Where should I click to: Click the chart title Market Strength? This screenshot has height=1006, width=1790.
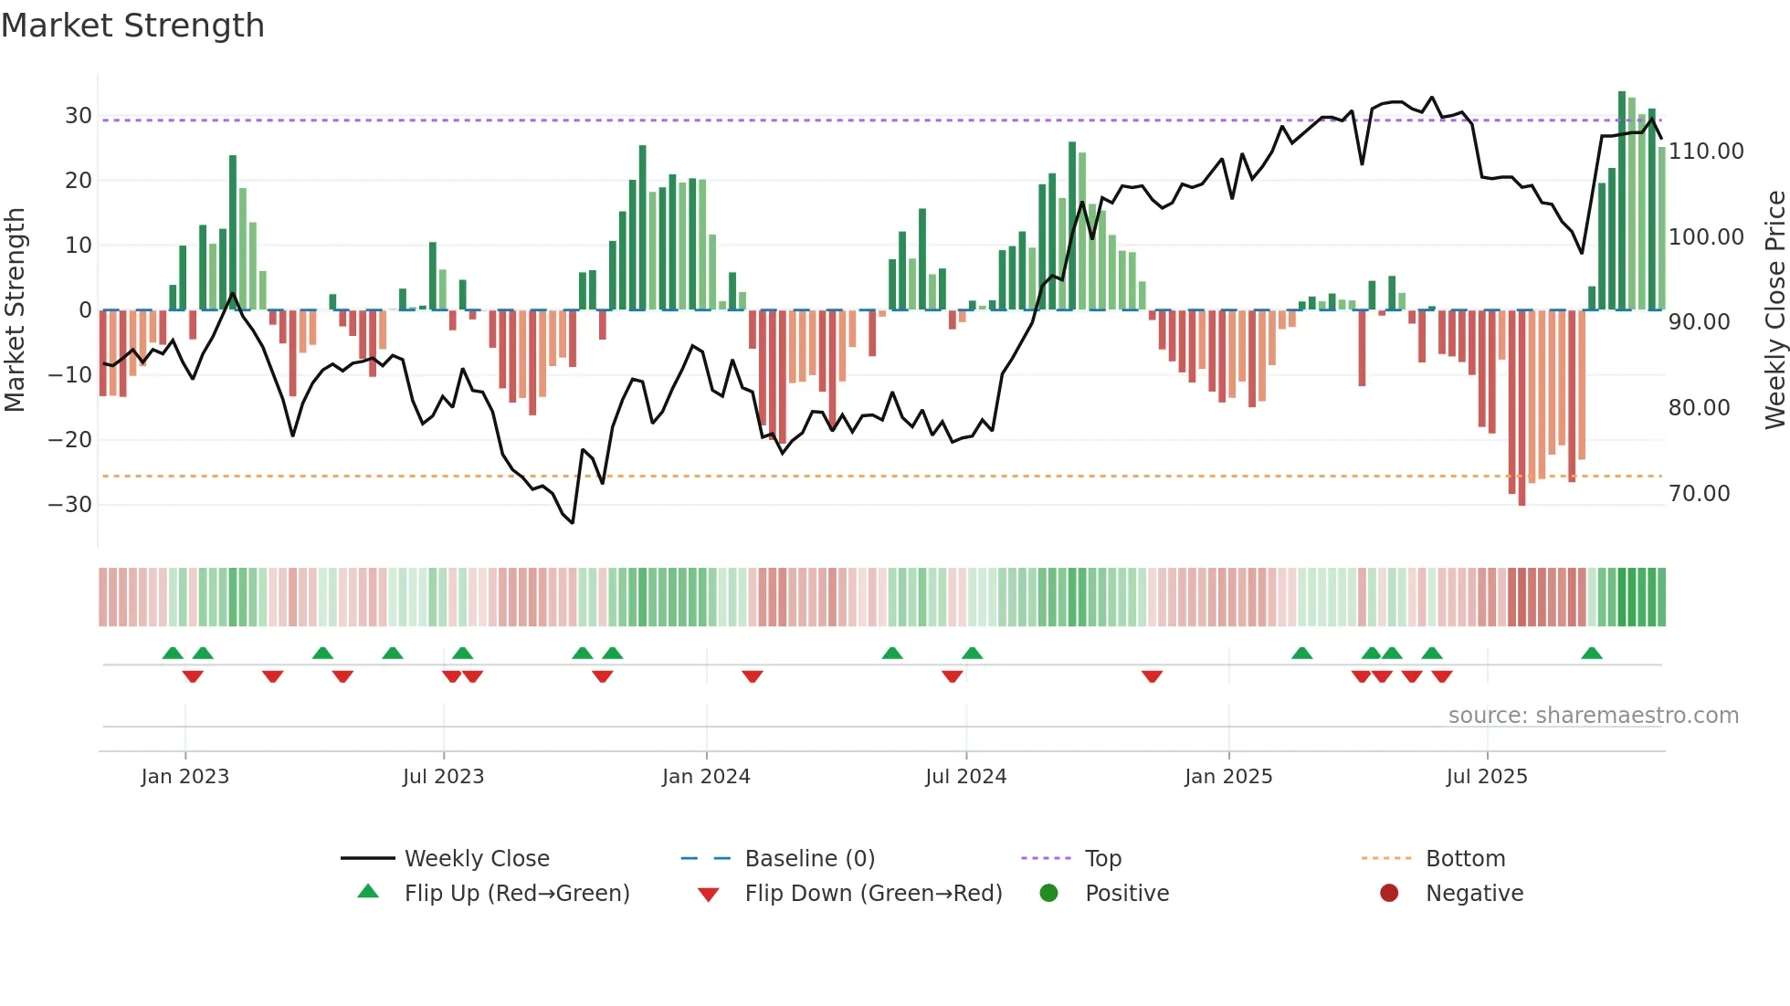coord(132,26)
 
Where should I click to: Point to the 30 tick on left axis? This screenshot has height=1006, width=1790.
coord(78,116)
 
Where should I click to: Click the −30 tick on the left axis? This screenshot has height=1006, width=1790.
coord(70,505)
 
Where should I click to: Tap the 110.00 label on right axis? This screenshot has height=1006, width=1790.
coord(1706,152)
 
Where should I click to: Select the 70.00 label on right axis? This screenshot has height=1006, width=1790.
coord(1699,494)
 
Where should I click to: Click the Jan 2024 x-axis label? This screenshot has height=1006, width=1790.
coord(706,777)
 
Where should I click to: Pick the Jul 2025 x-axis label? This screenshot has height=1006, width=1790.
coord(1487,777)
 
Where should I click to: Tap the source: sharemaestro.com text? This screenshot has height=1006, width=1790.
coord(1593,716)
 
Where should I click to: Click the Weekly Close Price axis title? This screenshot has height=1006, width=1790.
coord(1774,309)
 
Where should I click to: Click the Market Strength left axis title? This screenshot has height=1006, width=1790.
coord(16,309)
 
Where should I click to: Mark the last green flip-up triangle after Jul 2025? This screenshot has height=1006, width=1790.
coord(1592,654)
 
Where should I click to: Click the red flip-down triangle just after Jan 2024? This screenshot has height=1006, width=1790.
coord(753,676)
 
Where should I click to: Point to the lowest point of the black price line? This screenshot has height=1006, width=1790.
coord(573,523)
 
